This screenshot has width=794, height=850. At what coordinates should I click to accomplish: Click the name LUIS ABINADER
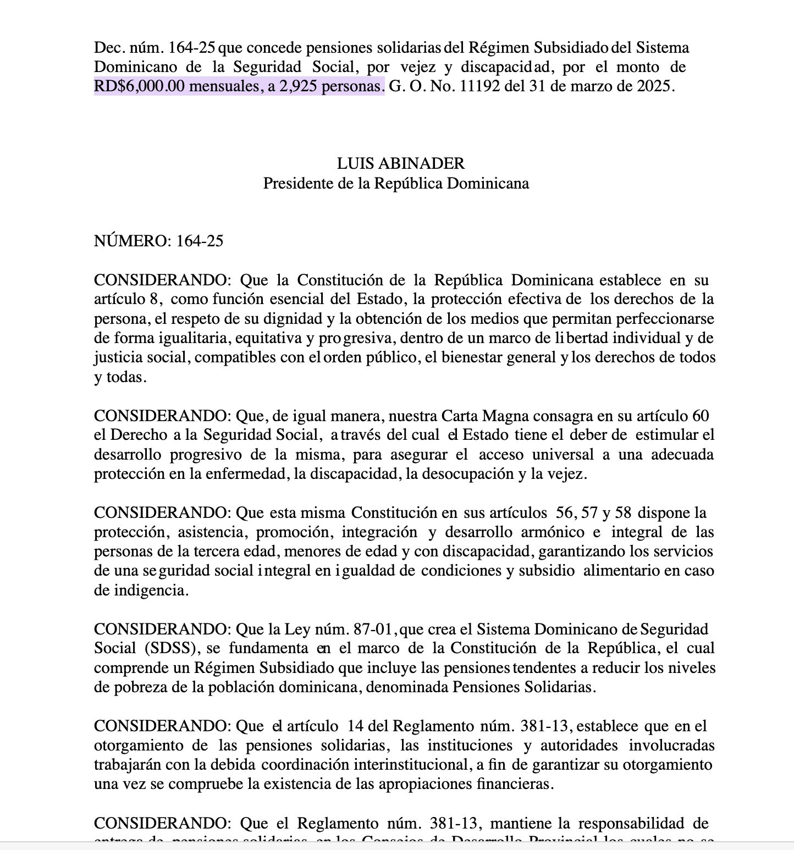(x=400, y=163)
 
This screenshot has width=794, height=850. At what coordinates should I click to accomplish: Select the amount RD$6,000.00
(x=139, y=86)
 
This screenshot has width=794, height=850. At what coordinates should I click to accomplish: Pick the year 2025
(x=653, y=86)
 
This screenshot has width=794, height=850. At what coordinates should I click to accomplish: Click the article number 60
(x=701, y=416)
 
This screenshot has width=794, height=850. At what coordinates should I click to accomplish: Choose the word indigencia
(x=151, y=590)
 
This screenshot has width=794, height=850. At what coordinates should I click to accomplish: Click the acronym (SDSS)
(x=170, y=648)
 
